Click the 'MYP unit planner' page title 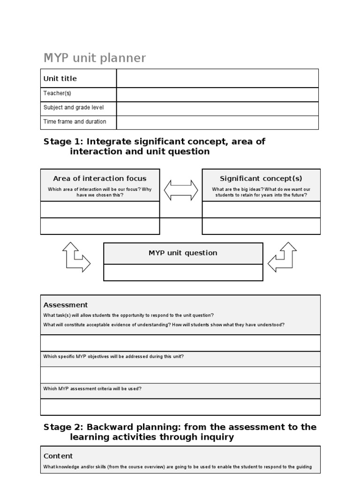[x=95, y=58]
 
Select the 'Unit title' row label [x=60, y=79]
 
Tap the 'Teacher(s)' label [x=57, y=93]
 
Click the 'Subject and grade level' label [x=74, y=107]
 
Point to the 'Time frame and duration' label [x=75, y=121]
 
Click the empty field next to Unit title [x=217, y=78]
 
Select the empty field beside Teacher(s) [x=217, y=94]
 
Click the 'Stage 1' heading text [x=154, y=146]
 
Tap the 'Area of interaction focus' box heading [x=100, y=179]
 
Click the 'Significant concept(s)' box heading [x=261, y=179]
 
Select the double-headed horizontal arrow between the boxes [x=181, y=190]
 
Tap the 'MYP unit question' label [x=183, y=253]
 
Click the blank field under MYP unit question [x=183, y=272]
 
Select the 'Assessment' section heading [x=66, y=305]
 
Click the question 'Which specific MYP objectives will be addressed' [x=113, y=356]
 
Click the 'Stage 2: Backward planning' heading [x=180, y=432]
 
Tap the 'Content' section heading [x=58, y=456]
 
